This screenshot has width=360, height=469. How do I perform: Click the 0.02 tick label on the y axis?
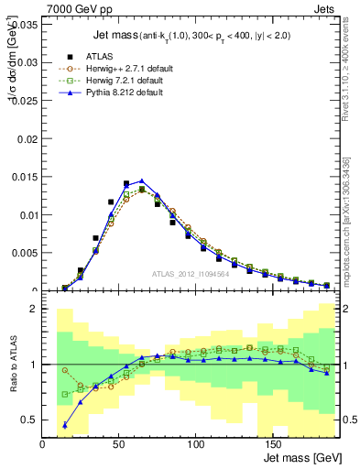point(29,138)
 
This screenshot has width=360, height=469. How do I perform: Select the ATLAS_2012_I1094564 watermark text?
point(192,274)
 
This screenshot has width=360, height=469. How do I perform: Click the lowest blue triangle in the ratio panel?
point(65,425)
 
